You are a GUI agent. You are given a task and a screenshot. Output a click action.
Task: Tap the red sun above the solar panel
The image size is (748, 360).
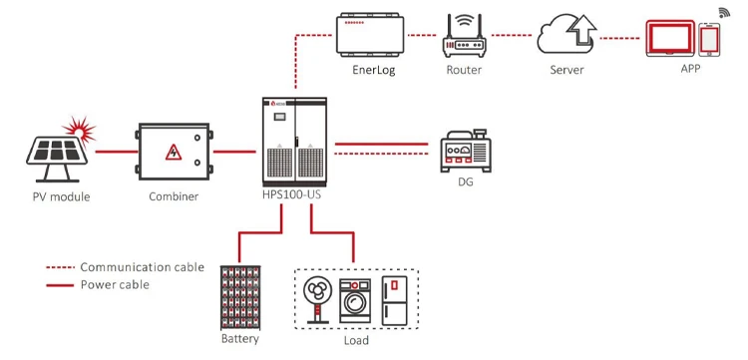click(76, 128)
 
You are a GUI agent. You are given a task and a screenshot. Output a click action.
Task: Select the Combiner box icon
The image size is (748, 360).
click(174, 152)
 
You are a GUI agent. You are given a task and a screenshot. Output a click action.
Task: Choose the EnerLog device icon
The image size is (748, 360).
click(370, 38)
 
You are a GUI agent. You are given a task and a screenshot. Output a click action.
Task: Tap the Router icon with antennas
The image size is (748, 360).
click(463, 40)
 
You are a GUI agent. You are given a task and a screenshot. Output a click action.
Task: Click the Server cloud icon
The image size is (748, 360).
click(565, 36)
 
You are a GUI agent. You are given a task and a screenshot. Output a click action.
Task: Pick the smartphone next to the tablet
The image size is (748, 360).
click(709, 39)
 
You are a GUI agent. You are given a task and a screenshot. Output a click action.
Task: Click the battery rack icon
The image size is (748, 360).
click(239, 296)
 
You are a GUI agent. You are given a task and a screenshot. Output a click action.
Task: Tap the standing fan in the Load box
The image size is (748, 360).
click(318, 300)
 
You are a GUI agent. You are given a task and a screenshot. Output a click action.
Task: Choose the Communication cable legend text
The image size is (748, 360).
click(142, 267)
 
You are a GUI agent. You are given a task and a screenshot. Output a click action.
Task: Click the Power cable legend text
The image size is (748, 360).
click(116, 284)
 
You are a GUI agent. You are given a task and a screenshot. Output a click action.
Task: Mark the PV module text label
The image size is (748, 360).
click(60, 196)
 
